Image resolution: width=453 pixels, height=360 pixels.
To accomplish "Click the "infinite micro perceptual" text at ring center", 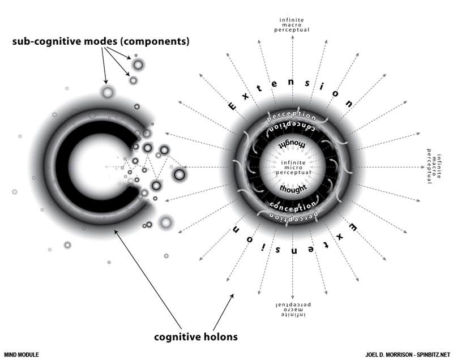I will (x=293, y=168).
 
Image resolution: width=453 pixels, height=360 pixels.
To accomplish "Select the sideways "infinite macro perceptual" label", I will (x=428, y=167).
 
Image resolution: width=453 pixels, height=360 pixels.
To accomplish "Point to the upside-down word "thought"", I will (x=293, y=145).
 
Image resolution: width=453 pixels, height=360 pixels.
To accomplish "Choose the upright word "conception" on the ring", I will (x=293, y=204).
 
